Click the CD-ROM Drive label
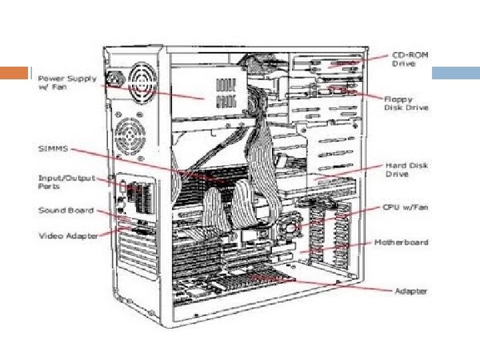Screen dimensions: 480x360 [x=409, y=58]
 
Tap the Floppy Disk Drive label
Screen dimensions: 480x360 [x=405, y=103]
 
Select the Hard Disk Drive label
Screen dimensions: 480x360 [x=406, y=169]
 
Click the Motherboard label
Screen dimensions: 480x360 [x=401, y=242]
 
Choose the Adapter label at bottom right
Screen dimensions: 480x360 [x=411, y=291]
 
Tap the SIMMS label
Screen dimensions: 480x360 [x=53, y=148]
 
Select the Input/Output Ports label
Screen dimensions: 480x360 [x=66, y=181]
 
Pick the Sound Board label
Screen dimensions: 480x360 [x=65, y=211]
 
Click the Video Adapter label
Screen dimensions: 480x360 [x=68, y=235]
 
